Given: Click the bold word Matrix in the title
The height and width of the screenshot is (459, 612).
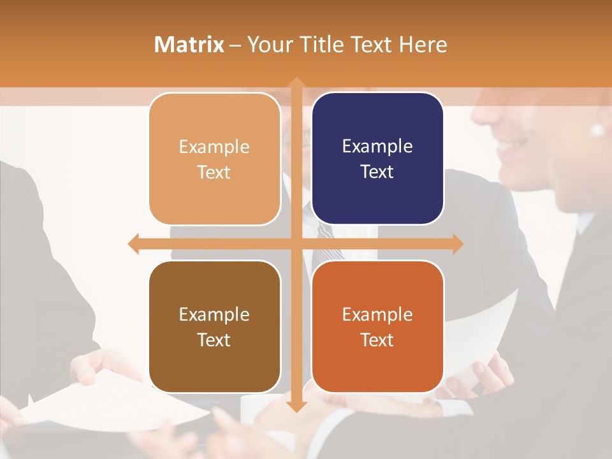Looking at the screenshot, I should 189,44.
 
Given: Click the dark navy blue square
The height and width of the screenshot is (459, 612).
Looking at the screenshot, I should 377,159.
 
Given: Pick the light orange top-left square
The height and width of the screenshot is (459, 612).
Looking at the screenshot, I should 214,159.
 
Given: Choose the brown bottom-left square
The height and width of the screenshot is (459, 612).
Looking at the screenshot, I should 214,326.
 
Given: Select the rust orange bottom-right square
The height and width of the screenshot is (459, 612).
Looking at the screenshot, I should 377,326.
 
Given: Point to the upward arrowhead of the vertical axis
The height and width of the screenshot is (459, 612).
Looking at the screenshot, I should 296,83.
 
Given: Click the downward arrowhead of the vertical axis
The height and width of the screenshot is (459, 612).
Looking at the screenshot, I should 296,406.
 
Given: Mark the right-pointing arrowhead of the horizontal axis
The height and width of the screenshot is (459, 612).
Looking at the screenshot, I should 457,244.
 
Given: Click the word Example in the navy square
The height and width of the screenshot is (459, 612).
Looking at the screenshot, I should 377,147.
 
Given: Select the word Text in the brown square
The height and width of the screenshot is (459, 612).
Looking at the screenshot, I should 214,340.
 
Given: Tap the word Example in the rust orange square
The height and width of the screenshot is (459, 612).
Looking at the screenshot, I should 377,314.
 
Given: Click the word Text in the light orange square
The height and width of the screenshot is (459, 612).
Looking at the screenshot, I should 214,172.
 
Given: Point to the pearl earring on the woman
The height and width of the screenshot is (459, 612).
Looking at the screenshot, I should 597,131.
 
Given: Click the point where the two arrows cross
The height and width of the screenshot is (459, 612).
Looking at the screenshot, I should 296,244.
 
